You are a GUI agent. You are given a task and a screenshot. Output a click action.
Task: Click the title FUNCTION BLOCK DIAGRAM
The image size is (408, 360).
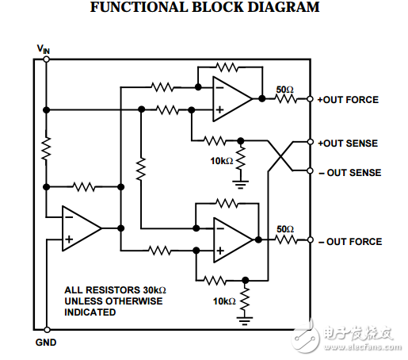click(x=205, y=9)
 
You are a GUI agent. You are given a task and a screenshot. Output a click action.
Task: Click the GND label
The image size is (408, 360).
click(x=46, y=342)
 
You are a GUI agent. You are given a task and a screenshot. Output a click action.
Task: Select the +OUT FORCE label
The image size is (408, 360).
click(x=348, y=100)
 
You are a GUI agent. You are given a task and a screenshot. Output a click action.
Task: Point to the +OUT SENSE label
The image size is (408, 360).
click(x=348, y=144)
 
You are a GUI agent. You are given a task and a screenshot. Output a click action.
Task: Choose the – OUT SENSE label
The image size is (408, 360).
click(x=349, y=172)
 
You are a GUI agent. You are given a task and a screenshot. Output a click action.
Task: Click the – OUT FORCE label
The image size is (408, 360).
click(x=349, y=242)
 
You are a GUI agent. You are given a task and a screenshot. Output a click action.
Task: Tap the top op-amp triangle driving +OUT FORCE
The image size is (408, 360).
click(x=230, y=100)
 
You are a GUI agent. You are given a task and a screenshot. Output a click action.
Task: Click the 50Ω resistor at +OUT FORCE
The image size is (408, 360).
click(x=284, y=100)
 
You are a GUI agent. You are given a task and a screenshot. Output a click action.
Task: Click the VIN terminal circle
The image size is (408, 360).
click(x=47, y=58)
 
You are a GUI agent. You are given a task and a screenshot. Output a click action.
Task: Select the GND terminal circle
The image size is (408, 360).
click(x=47, y=329)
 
